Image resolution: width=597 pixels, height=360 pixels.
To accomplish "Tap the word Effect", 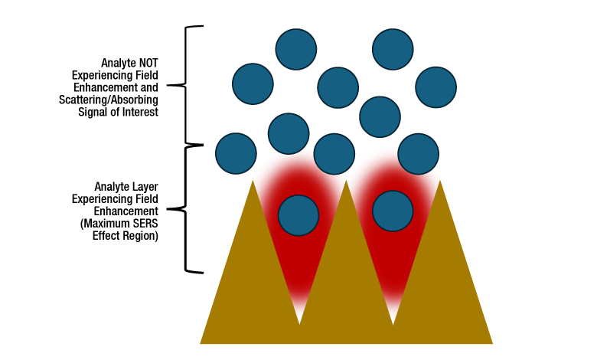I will pyautogui.click(x=107, y=236).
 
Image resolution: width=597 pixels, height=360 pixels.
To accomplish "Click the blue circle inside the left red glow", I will pyautogui.click(x=298, y=214).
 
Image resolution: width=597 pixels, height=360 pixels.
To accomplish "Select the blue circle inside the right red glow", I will pyautogui.click(x=393, y=210).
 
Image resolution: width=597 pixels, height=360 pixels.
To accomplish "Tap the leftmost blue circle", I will pyautogui.click(x=236, y=153).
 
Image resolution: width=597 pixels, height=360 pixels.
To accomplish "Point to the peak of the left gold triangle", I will pyautogui.click(x=252, y=181).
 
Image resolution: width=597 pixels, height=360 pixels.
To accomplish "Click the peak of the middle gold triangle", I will pyautogui.click(x=346, y=181).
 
